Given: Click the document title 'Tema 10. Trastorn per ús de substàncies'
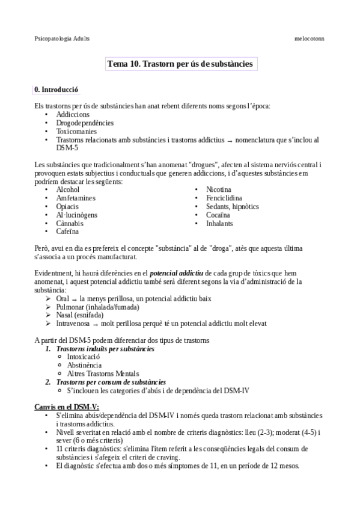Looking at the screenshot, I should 180,63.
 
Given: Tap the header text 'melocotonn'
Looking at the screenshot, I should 309,38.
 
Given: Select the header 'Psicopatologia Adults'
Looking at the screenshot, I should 62,38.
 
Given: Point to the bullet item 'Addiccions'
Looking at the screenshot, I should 73,114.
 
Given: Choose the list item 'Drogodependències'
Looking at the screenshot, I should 85,123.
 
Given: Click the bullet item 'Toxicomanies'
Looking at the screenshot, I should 76,131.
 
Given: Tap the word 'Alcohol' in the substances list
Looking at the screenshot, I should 67,189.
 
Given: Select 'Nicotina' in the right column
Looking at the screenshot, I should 218,189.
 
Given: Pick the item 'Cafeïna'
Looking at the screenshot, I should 67,232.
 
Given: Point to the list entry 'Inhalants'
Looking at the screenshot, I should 219,223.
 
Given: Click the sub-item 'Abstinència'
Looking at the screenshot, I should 84,365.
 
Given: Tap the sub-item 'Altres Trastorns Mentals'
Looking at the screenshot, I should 103,373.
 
